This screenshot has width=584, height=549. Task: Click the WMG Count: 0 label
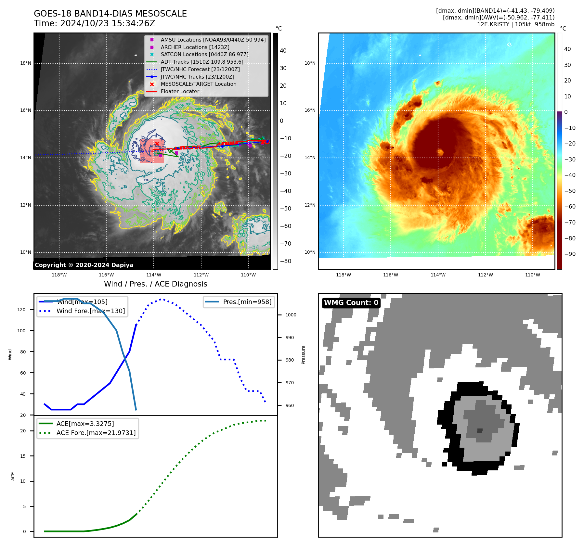[351, 303]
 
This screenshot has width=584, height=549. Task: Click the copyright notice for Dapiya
[84, 265]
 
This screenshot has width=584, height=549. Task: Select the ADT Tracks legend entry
[202, 62]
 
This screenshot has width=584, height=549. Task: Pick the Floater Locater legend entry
[180, 92]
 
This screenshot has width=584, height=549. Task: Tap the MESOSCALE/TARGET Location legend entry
[198, 84]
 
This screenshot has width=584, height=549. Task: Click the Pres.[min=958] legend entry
[247, 302]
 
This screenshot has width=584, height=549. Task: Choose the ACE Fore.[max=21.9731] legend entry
[96, 433]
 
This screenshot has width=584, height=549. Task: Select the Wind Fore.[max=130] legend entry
[90, 311]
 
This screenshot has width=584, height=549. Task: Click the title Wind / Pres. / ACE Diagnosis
[155, 284]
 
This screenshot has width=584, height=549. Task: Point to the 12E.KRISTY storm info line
[515, 24]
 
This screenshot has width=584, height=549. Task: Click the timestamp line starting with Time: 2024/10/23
[94, 23]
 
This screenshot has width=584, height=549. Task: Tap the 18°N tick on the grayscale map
[26, 63]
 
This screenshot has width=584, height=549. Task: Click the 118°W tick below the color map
[343, 275]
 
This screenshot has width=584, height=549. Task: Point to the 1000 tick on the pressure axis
[291, 315]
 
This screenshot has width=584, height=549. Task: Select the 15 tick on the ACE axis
[23, 456]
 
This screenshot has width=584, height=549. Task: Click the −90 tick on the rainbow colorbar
[570, 254]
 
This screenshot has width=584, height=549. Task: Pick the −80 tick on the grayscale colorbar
[285, 261]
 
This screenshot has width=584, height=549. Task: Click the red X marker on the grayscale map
[157, 144]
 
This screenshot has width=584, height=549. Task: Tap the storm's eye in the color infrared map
[440, 152]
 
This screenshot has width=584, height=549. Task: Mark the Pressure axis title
[303, 355]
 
